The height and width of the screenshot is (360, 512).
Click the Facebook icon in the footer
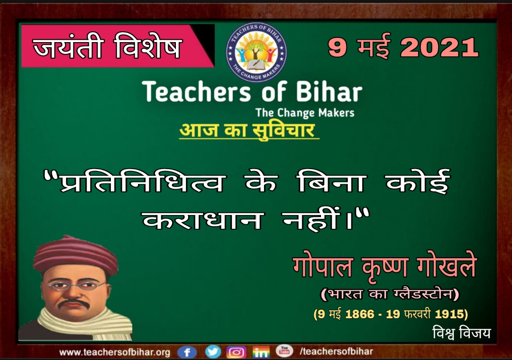tap(187, 352)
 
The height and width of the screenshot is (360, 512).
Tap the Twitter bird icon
tap(213, 352)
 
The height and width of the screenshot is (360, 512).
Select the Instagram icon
tap(237, 352)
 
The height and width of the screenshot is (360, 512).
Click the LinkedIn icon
tap(261, 352)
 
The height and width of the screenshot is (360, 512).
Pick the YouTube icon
tap(284, 351)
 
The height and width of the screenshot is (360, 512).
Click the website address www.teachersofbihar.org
tap(115, 352)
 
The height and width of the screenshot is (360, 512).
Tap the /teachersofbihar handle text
tap(336, 351)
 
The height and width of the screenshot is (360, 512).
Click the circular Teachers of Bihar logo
tap(256, 52)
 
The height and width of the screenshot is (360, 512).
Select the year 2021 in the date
tap(439, 48)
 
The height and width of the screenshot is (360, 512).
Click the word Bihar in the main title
tap(329, 91)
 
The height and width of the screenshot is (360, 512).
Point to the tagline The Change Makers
tap(305, 113)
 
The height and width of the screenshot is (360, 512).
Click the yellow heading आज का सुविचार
tap(249, 131)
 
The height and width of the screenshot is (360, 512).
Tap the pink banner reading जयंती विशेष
tap(118, 45)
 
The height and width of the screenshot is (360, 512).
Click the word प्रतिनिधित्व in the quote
tap(142, 180)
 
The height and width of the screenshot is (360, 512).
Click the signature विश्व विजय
tap(461, 333)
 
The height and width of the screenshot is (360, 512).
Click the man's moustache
tap(74, 303)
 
